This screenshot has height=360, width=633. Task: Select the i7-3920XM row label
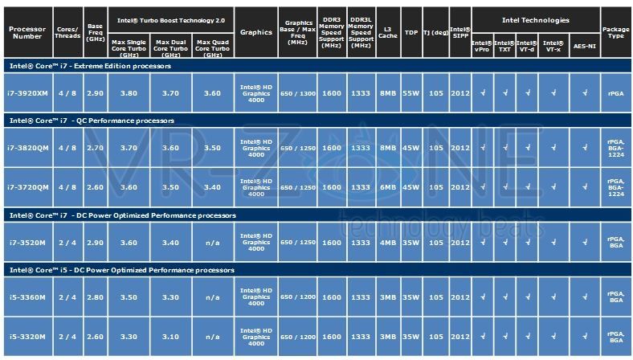point(27,93)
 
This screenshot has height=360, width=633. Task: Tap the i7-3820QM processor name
point(27,148)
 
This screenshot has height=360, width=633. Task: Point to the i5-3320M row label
point(27,335)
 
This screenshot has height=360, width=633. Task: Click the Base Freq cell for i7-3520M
point(95,242)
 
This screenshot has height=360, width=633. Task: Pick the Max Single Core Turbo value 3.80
point(129,93)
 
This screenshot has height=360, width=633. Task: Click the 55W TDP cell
point(411,93)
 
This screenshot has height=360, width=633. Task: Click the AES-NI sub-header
point(584,46)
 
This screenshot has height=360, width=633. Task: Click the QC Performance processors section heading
point(92,121)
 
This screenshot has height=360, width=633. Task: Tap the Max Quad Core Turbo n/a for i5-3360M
point(212,297)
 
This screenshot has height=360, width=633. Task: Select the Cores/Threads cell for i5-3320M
point(67,335)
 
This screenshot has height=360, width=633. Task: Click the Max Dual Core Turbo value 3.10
point(169,335)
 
